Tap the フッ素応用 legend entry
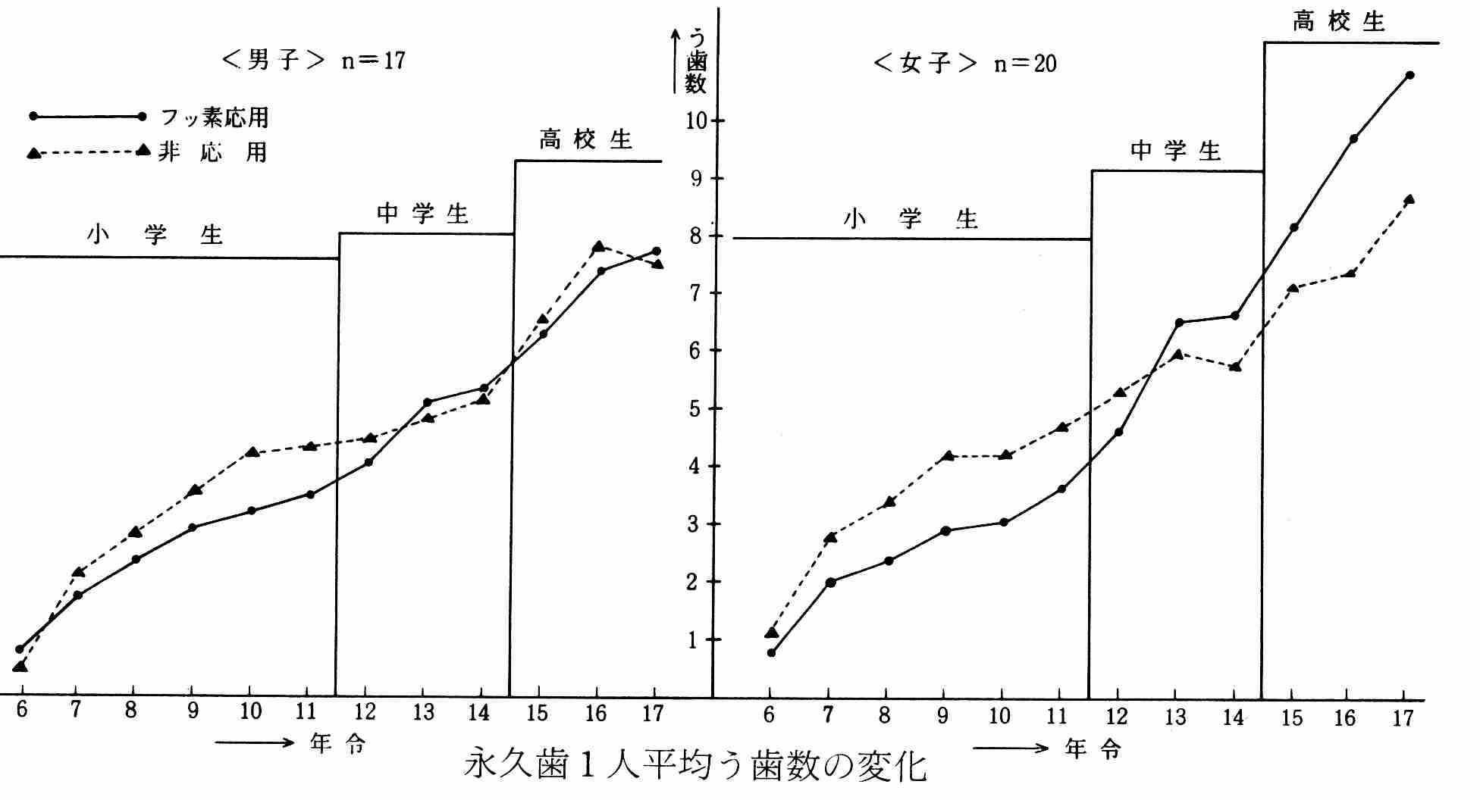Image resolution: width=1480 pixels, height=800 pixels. click(x=215, y=117)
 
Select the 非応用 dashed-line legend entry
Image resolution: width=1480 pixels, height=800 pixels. click(x=212, y=152)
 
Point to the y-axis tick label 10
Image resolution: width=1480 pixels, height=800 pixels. click(x=695, y=121)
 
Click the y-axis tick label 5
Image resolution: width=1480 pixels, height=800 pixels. click(x=695, y=408)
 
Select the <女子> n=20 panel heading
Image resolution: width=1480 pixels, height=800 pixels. click(x=964, y=63)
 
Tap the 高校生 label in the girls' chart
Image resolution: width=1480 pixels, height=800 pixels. click(x=1339, y=22)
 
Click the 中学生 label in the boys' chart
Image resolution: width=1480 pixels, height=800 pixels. click(x=422, y=214)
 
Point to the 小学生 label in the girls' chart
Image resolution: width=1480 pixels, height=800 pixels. click(x=910, y=220)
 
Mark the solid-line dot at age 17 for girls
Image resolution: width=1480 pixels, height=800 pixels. click(x=1409, y=75)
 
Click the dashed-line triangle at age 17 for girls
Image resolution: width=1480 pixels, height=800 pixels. click(x=1409, y=200)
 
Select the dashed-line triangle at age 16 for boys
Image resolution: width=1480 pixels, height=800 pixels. click(x=598, y=246)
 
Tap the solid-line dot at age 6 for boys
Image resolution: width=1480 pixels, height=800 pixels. click(x=20, y=649)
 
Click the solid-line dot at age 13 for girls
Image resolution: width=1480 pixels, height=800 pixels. click(x=1179, y=323)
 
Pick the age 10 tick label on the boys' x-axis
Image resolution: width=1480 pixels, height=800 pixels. click(x=250, y=711)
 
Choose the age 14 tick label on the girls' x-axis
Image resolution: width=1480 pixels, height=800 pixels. click(x=1234, y=716)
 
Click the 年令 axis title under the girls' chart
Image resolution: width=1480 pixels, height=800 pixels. click(x=1093, y=749)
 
